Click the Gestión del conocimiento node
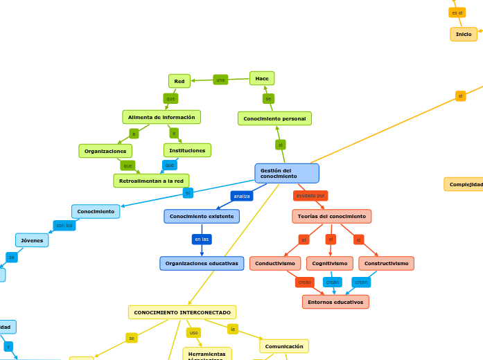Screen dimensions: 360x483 286,173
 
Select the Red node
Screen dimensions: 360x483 179,81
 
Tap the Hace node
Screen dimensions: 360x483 262,78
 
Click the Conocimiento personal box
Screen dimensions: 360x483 274,118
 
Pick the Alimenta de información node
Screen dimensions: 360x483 161,117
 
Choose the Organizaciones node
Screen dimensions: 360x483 105,151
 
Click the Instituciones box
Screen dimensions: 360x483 187,150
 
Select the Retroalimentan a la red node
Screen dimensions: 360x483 151,181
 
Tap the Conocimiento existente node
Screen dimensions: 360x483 202,216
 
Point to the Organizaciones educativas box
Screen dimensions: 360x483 202,263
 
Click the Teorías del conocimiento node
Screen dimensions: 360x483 331,216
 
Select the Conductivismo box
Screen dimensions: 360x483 275,263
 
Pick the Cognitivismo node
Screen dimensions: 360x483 330,263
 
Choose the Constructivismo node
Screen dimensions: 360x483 386,263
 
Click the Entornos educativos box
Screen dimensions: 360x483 335,302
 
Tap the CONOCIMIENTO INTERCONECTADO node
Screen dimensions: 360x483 182,312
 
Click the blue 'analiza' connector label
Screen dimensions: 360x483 242,196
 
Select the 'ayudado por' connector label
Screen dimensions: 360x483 310,196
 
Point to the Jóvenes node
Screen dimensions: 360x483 32,240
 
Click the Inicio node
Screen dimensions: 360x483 464,34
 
